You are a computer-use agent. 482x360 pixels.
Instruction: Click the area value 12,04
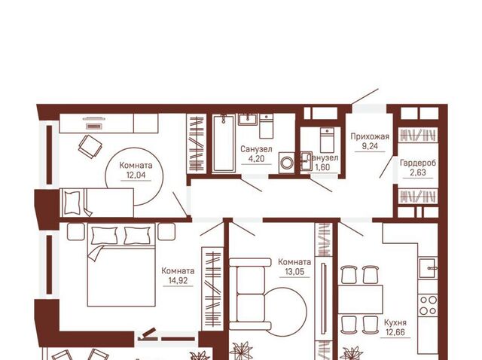136,175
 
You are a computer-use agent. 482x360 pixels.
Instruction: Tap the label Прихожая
370,136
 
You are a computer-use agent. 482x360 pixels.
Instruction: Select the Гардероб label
418,163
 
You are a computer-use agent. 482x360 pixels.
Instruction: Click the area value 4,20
256,159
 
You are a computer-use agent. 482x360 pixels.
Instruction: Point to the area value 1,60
322,167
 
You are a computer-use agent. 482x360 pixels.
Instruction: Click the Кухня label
395,322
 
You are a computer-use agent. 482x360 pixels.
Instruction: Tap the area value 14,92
178,280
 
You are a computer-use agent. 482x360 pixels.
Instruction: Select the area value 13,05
294,272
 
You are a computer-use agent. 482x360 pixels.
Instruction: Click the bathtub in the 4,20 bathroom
224,143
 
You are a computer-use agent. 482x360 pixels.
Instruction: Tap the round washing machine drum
287,163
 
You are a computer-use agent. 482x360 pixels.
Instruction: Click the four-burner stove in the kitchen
429,305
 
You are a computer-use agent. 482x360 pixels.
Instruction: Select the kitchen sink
429,268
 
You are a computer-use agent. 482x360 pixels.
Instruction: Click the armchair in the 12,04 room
90,147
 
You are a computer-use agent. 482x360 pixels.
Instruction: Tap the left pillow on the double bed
105,236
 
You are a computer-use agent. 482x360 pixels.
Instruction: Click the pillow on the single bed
72,203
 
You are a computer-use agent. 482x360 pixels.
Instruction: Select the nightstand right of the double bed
166,231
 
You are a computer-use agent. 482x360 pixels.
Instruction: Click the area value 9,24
370,146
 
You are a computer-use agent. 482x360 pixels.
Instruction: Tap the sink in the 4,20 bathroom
248,120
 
